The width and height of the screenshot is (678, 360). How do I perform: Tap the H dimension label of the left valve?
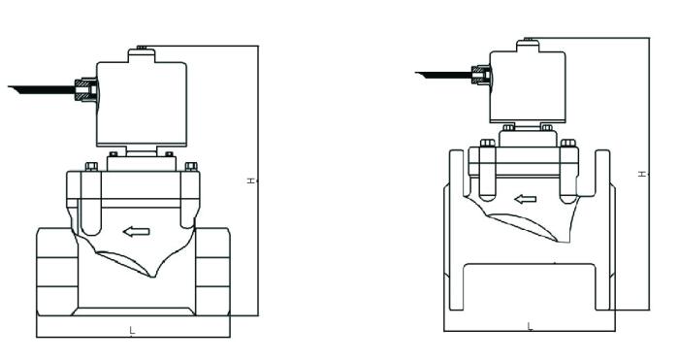coord(250,181)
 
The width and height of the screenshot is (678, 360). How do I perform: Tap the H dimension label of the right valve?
coord(641,174)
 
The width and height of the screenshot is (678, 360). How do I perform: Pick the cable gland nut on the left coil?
coord(85,91)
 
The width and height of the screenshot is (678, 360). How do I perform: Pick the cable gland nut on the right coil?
coord(479,73)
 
